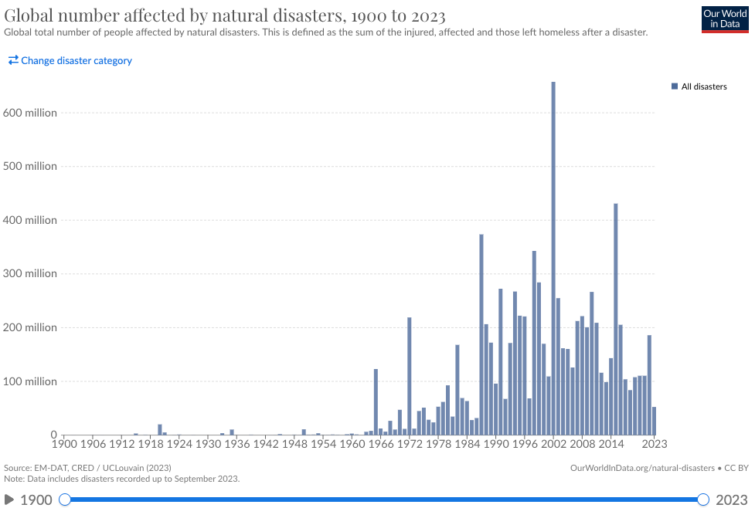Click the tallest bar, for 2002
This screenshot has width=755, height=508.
pyautogui.click(x=553, y=259)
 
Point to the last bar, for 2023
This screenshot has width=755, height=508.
pyautogui.click(x=654, y=421)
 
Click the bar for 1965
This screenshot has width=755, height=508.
pyautogui.click(x=376, y=401)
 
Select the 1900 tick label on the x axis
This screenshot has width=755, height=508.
pyautogui.click(x=63, y=444)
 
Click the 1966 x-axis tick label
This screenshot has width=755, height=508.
pyautogui.click(x=380, y=444)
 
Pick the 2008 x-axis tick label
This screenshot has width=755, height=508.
pyautogui.click(x=582, y=444)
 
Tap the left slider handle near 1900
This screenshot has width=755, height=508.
pyautogui.click(x=65, y=500)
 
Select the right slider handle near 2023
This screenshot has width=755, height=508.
pyautogui.click(x=703, y=500)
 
